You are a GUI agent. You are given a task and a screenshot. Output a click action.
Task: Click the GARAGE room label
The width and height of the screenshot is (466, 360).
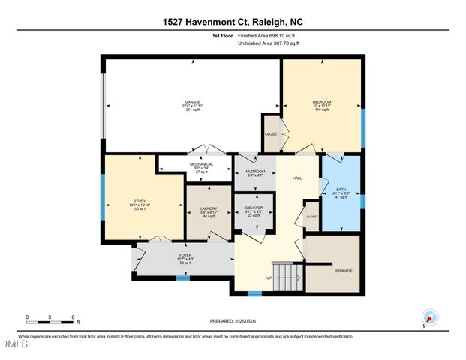pos(193,102)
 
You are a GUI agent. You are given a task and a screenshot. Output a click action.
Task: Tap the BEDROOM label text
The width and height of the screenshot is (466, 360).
pos(321,102)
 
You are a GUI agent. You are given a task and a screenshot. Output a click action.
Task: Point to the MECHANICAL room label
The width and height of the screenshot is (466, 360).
pos(200,164)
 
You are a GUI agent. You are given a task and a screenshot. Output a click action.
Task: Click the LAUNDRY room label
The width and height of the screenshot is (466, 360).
pos(208,209)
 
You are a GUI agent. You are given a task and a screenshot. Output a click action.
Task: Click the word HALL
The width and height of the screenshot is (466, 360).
pos(297,178)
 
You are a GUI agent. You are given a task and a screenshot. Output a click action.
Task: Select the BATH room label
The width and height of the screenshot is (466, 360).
pos(341,190)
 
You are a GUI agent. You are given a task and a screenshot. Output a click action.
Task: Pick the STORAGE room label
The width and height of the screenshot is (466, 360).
pos(344,271)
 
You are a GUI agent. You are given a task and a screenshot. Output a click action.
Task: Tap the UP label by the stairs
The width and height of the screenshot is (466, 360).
pos(269,277)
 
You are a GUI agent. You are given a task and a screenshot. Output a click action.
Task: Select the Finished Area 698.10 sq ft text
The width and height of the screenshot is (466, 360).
pos(268,35)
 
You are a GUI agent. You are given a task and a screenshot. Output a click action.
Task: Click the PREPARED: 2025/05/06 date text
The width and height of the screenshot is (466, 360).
pos(233,320)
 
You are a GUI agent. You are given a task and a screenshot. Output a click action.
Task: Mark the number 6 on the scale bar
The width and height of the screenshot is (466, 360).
pos(73,316)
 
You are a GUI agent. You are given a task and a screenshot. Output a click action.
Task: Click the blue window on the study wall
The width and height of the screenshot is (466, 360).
pos(104,196)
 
